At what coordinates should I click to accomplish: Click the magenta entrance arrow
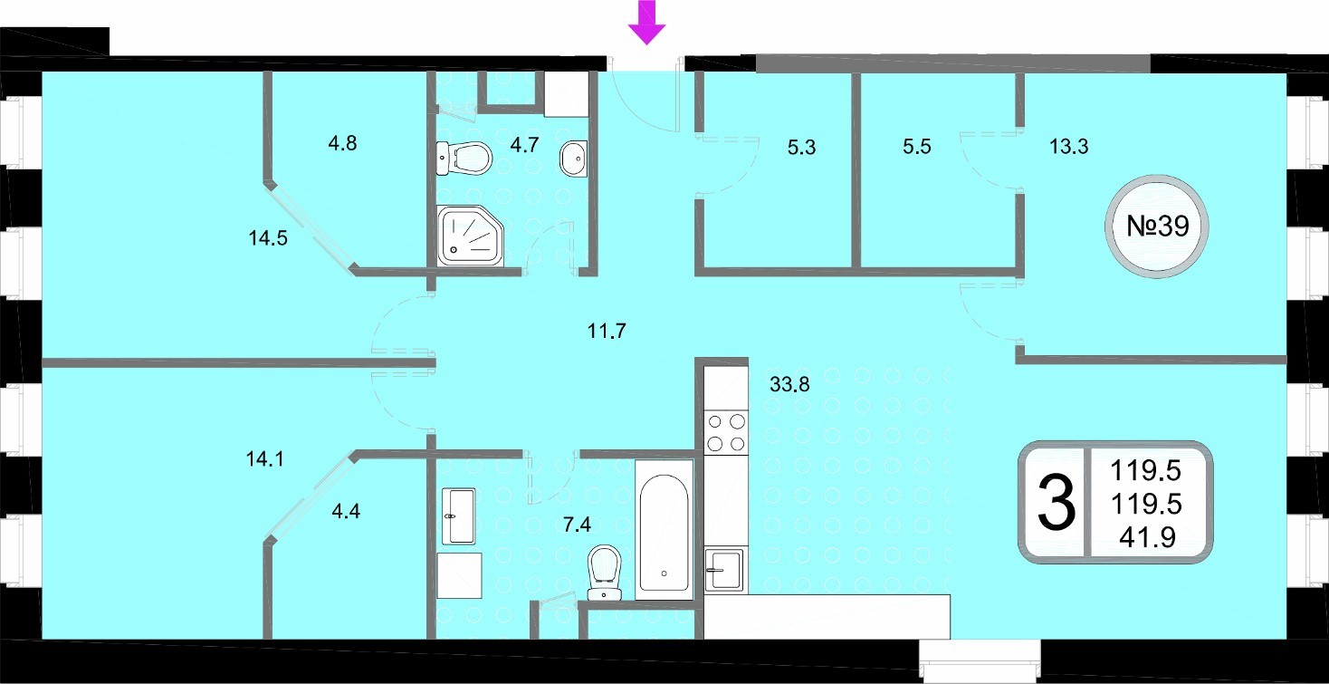pyautogui.click(x=646, y=22)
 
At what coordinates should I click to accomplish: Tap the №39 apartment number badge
pyautogui.click(x=1157, y=226)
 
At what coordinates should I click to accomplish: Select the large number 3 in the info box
pyautogui.click(x=1057, y=503)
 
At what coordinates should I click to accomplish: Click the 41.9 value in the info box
pyautogui.click(x=1147, y=537)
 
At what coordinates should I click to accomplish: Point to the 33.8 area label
pyautogui.click(x=789, y=385)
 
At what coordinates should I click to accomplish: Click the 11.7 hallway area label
pyautogui.click(x=607, y=330)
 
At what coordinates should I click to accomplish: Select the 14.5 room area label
pyautogui.click(x=268, y=238)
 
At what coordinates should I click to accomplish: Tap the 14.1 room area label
pyautogui.click(x=264, y=459)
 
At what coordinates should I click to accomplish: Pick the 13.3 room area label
pyautogui.click(x=1068, y=146)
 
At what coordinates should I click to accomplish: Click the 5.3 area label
pyautogui.click(x=801, y=147)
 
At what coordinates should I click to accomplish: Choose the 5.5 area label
pyautogui.click(x=917, y=146)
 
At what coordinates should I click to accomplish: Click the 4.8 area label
pyautogui.click(x=342, y=143)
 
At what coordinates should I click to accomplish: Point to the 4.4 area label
pyautogui.click(x=346, y=511)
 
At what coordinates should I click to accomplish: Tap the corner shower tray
pyautogui.click(x=470, y=236)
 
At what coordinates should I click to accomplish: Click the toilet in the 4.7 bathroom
pyautogui.click(x=464, y=159)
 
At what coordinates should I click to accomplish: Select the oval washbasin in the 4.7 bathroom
pyautogui.click(x=574, y=159)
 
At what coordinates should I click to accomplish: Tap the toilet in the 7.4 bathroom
pyautogui.click(x=604, y=573)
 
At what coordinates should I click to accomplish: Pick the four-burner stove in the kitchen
pyautogui.click(x=726, y=433)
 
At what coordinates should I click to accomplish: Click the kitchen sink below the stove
pyautogui.click(x=724, y=570)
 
